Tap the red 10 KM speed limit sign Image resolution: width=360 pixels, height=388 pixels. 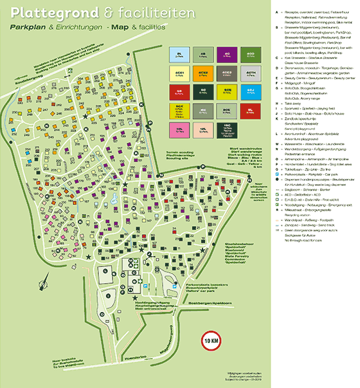coord(212,340)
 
